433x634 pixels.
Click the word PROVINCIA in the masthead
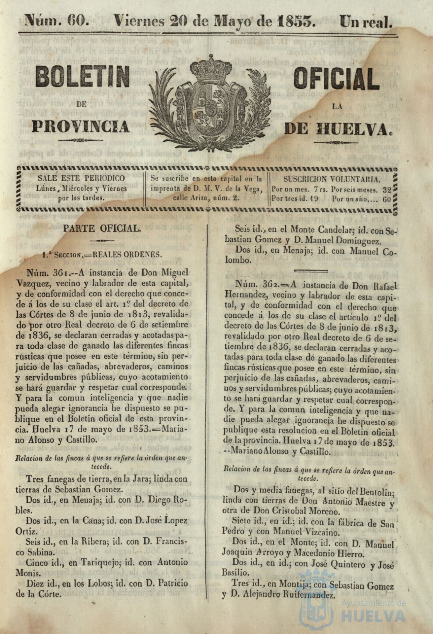(81, 126)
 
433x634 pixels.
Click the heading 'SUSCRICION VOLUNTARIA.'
(332, 179)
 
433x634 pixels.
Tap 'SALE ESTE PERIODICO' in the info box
(82, 178)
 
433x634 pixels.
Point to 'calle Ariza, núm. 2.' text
(207, 198)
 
